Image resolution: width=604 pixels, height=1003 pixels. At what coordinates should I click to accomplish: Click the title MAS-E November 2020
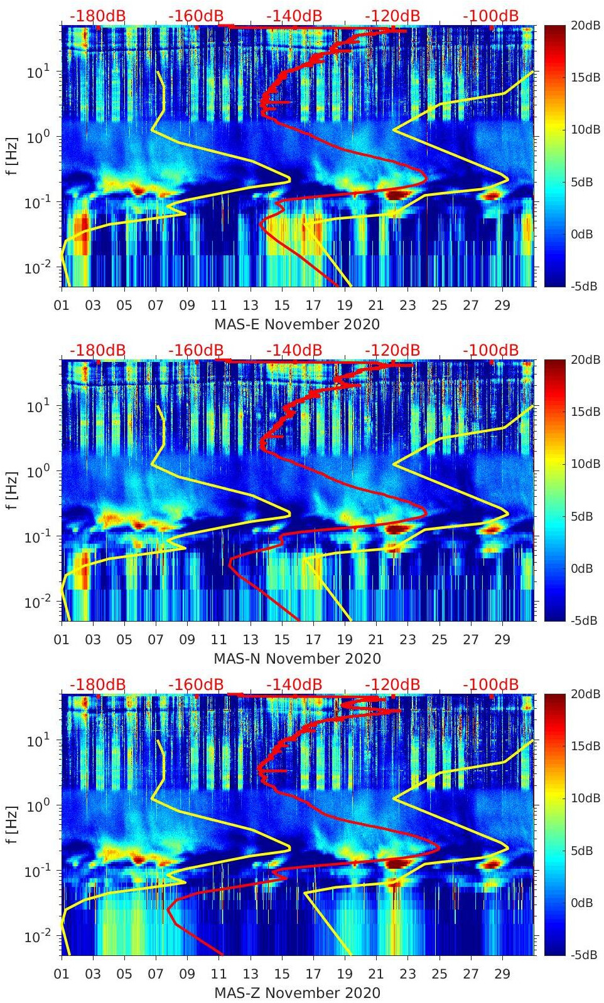pyautogui.click(x=297, y=324)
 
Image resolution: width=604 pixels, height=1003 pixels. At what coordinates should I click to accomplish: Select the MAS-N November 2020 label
pyautogui.click(x=297, y=659)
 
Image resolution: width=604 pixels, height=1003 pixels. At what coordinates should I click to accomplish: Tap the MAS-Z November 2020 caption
pyautogui.click(x=297, y=993)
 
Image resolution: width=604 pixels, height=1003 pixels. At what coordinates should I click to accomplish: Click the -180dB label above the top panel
pyautogui.click(x=97, y=16)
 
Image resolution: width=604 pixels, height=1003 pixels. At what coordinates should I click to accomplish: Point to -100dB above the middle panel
pyautogui.click(x=491, y=350)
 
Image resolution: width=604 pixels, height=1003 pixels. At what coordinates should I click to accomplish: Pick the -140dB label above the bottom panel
pyautogui.click(x=294, y=684)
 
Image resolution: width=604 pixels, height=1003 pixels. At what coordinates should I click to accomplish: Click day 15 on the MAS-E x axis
pyautogui.click(x=282, y=305)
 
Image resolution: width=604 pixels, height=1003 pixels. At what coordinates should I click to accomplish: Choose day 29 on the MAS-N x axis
pyautogui.click(x=502, y=640)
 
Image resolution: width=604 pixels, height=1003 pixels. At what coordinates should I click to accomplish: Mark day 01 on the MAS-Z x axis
pyautogui.click(x=62, y=974)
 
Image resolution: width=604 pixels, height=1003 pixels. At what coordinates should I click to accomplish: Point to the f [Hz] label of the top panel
pyautogui.click(x=13, y=156)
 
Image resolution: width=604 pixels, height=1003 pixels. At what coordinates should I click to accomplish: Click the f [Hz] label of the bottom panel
pyautogui.click(x=13, y=824)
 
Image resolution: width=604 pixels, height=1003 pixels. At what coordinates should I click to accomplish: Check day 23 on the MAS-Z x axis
pyautogui.click(x=407, y=974)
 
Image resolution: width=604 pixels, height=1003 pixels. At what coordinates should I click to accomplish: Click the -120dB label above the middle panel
pyautogui.click(x=392, y=350)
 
